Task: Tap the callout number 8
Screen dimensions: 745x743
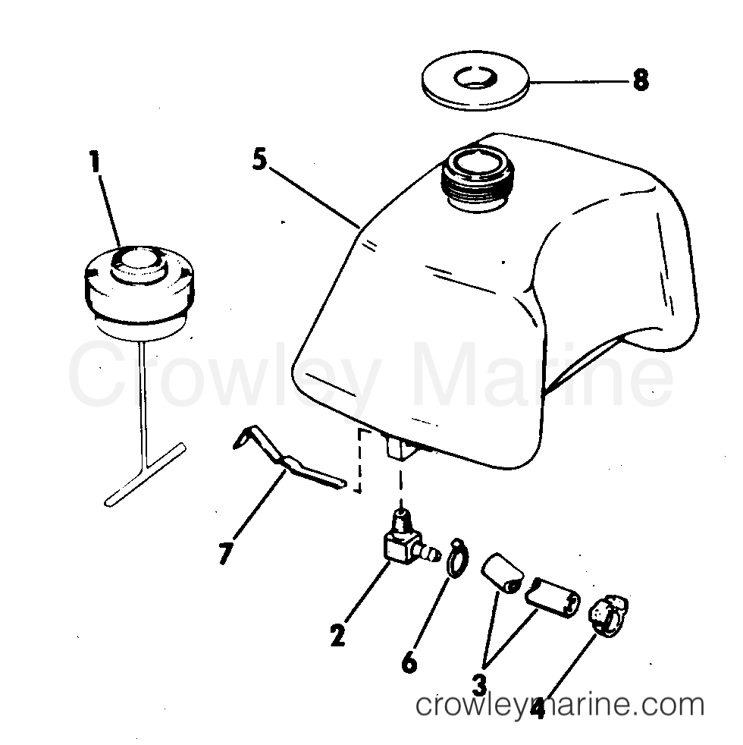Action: click(641, 80)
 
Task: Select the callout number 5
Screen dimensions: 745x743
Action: click(260, 160)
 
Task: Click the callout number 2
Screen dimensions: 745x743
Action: click(337, 634)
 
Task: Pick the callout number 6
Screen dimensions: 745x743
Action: click(409, 662)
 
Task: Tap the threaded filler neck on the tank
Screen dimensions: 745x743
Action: click(472, 178)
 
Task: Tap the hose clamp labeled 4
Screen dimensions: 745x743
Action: click(609, 612)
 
